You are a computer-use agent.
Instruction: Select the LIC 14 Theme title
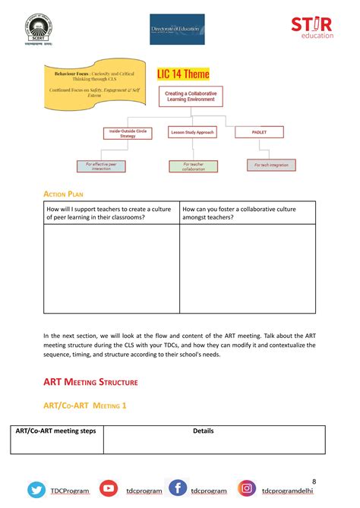click(183, 74)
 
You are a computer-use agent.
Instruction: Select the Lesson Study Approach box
click(192, 132)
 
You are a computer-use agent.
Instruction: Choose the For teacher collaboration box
click(194, 166)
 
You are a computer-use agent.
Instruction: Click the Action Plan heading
click(64, 194)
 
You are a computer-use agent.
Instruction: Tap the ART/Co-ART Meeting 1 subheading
click(84, 405)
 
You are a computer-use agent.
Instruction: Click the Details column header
click(204, 431)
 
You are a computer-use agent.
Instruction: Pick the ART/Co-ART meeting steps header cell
click(56, 431)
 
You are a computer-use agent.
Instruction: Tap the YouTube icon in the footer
click(109, 490)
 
